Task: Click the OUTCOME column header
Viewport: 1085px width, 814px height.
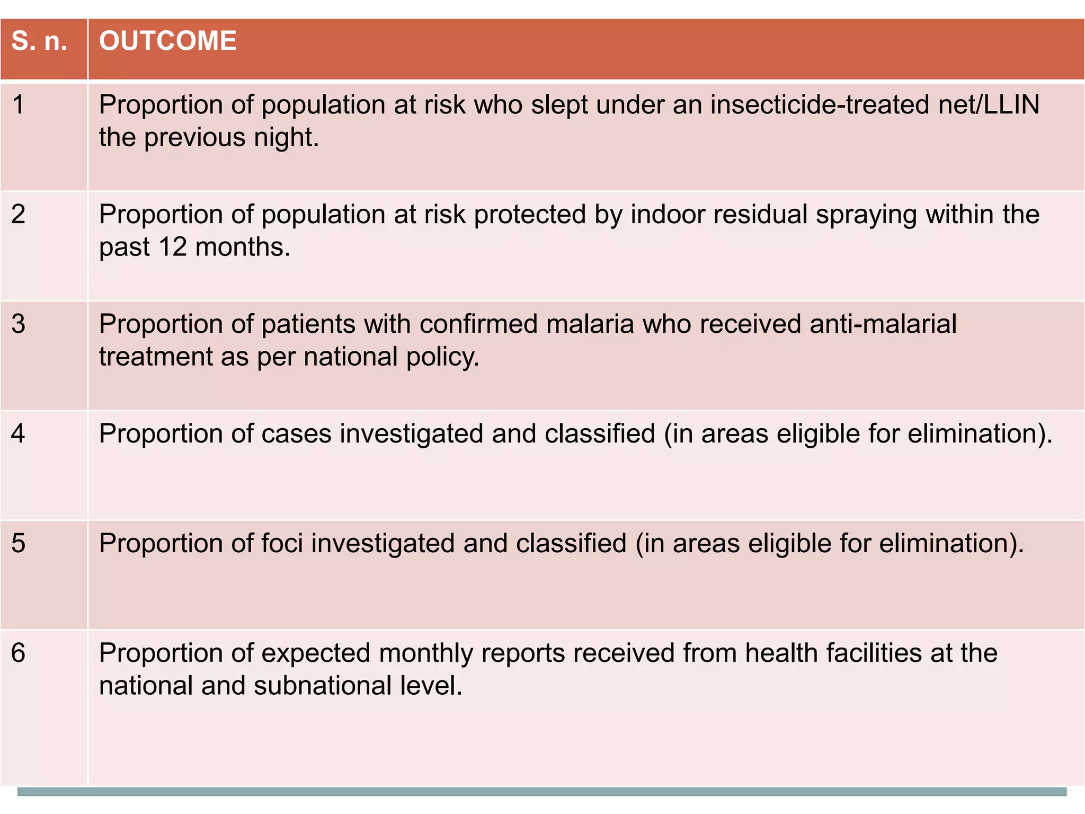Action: pyautogui.click(x=167, y=41)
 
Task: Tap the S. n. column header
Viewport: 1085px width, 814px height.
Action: pyautogui.click(x=40, y=41)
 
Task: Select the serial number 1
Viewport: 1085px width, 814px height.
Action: pyautogui.click(x=19, y=104)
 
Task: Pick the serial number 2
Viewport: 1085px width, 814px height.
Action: pyautogui.click(x=19, y=214)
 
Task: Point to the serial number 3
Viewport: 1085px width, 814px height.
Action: pyautogui.click(x=19, y=324)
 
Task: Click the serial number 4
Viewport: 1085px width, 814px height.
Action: pyautogui.click(x=19, y=433)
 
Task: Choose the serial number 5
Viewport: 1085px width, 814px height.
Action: pyautogui.click(x=19, y=543)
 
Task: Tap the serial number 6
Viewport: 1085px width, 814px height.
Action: pyautogui.click(x=19, y=653)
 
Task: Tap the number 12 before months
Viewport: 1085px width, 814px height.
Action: pyautogui.click(x=173, y=247)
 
